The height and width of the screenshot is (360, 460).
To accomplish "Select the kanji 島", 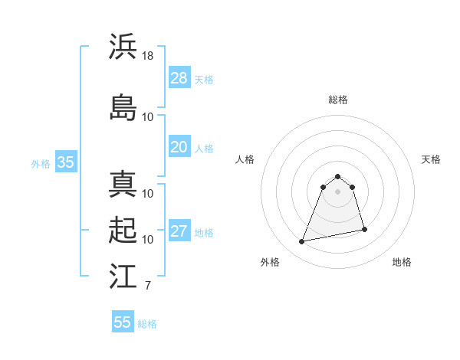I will [x=123, y=107].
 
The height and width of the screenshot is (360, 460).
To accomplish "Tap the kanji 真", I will [x=123, y=184].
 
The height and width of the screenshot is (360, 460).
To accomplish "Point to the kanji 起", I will [x=123, y=230].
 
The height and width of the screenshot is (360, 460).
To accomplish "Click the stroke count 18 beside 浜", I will [x=148, y=55].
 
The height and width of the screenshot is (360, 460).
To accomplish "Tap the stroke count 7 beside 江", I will [x=148, y=286].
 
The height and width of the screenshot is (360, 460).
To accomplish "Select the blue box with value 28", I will [x=179, y=78].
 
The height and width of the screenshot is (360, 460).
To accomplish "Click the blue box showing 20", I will [x=179, y=147].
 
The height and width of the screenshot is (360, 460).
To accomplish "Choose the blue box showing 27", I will [x=179, y=231].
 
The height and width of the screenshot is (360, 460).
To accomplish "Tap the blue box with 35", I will [x=65, y=162].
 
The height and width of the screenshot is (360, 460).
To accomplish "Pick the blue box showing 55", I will [x=123, y=322].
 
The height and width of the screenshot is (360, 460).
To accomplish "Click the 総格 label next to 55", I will [x=147, y=324].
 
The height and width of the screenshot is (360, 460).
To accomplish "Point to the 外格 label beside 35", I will [x=41, y=163].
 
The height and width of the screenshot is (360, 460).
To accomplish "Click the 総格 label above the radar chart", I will [x=337, y=100].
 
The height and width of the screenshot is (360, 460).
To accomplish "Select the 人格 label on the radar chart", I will [x=245, y=159].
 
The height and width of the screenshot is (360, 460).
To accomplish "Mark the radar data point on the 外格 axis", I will [x=302, y=242].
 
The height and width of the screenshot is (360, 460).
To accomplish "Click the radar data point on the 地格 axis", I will [x=364, y=230].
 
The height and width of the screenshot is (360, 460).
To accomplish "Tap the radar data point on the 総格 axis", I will [x=337, y=175].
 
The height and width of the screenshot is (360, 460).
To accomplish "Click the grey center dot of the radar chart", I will [x=337, y=191].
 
